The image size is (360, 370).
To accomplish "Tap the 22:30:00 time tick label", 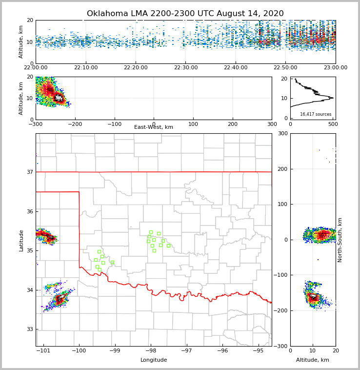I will [185, 68].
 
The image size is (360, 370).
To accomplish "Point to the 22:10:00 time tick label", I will [85, 68].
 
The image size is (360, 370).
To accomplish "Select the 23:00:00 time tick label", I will [335, 68].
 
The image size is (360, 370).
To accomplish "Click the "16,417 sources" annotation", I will [316, 114].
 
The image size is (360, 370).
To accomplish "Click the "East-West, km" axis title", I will [154, 127].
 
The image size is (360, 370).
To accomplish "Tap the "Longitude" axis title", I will [154, 360].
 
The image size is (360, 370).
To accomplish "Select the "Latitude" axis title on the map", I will [21, 240].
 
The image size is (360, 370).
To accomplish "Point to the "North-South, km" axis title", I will [340, 240].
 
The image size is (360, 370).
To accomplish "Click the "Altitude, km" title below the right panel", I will [313, 360].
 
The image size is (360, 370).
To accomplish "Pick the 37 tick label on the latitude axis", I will [30, 172].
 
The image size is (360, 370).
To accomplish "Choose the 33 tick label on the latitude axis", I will [30, 329].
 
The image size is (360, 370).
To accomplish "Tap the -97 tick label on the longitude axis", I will [186, 351].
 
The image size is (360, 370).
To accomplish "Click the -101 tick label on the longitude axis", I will [43, 351].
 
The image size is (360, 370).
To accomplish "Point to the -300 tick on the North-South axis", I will [282, 346].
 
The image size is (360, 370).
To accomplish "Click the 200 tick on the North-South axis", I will [283, 169].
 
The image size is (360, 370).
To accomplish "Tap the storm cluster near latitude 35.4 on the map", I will [47, 237].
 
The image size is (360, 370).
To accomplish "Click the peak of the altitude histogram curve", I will [333, 98].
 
